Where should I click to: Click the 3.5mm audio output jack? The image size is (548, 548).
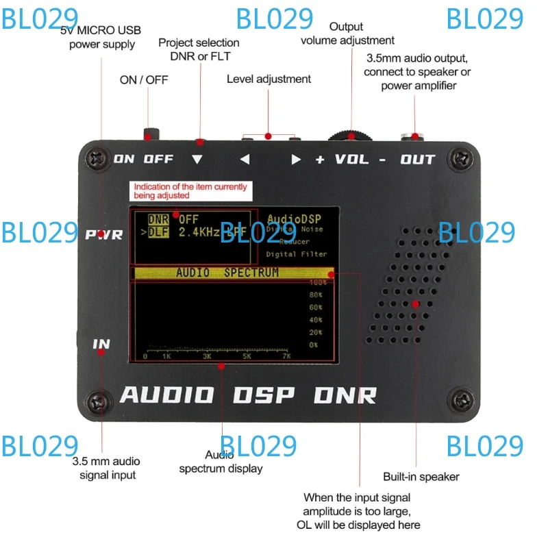(x=414, y=136)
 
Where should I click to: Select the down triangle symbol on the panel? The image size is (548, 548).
(x=198, y=160)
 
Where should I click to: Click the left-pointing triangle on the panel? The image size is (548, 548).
(x=245, y=160)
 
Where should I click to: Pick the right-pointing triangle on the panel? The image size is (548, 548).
(x=296, y=160)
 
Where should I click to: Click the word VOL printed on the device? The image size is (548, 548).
(x=351, y=160)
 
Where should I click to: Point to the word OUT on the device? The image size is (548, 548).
(x=418, y=160)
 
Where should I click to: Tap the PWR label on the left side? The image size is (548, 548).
(x=104, y=235)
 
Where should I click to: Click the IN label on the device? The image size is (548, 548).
(x=101, y=344)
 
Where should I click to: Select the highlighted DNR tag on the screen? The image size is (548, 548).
(x=158, y=220)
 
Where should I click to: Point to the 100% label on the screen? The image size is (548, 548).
(x=317, y=282)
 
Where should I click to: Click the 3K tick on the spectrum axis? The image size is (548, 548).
(x=207, y=356)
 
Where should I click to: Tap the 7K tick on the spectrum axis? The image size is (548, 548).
(x=286, y=356)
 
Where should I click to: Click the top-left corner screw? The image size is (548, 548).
(x=95, y=159)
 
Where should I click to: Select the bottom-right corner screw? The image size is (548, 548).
(x=462, y=401)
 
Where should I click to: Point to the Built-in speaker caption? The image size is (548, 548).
(x=421, y=477)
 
